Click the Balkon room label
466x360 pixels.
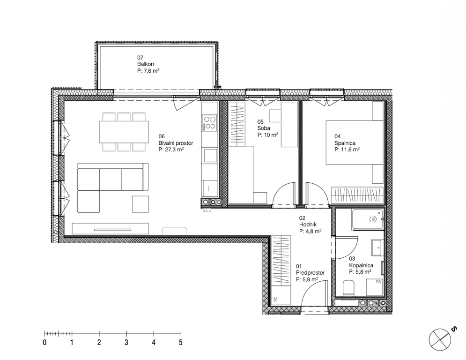[x=145, y=64]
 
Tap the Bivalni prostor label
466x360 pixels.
[x=176, y=143]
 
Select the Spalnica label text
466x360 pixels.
[x=345, y=143]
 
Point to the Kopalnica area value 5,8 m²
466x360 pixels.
[x=360, y=271]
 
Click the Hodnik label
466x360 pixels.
[x=308, y=225]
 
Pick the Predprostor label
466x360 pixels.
[x=310, y=272]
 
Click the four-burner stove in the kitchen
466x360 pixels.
[x=209, y=123]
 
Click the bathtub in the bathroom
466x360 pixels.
[x=367, y=219]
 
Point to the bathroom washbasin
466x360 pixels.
[x=377, y=247]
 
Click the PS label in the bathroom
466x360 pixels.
[x=378, y=282]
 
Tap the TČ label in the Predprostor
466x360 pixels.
[x=276, y=299]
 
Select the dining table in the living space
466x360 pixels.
[x=124, y=132]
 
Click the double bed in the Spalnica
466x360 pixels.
[x=355, y=142]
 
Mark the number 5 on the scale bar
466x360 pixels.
[x=181, y=343]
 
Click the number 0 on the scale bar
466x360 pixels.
[x=44, y=343]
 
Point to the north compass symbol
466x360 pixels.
[x=440, y=339]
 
